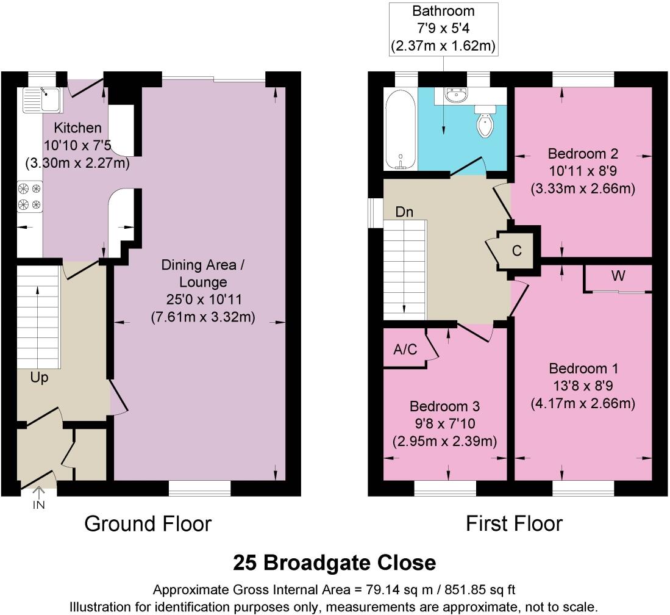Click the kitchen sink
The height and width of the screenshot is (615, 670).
41,99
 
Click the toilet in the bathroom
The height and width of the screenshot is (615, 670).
485,124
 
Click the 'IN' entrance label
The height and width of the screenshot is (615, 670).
39,505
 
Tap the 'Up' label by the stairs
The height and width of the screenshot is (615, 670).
40,378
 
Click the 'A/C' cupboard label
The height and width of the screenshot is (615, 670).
405,349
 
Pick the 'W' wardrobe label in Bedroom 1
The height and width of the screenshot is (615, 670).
618,276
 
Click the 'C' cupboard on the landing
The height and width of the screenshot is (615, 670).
517,250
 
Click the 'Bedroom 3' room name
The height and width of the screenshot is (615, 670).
444,406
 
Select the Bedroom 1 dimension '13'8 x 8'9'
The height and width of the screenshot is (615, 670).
583,386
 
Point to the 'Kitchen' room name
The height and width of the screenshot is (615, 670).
77,128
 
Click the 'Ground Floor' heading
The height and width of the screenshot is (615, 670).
148,523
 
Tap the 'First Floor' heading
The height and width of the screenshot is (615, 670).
514,523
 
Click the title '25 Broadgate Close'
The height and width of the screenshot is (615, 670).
335,563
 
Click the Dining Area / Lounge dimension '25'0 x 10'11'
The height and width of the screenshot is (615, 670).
202,300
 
